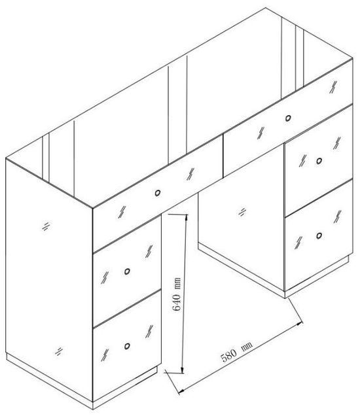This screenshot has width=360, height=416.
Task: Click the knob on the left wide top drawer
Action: [158, 193]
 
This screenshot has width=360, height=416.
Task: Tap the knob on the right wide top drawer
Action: [289, 118]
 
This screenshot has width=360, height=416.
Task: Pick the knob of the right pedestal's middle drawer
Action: [319, 160]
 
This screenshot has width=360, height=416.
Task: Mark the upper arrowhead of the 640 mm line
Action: [186, 218]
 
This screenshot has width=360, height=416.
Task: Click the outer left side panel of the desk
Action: [49, 275]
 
